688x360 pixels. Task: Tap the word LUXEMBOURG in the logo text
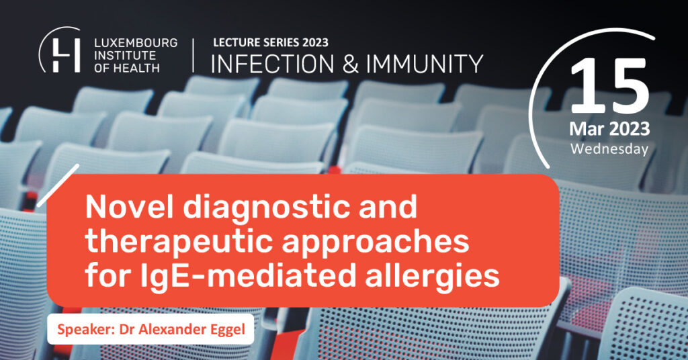pyautogui.click(x=136, y=43)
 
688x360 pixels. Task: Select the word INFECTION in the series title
pyautogui.click(x=273, y=64)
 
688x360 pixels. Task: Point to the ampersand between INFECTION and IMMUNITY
pyautogui.click(x=350, y=64)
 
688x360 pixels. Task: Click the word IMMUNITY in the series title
pyautogui.click(x=425, y=64)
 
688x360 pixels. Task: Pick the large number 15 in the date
pyautogui.click(x=609, y=86)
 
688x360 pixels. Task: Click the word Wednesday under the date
pyautogui.click(x=609, y=149)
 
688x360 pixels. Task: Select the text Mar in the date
pyautogui.click(x=587, y=129)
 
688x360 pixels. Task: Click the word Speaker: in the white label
pyautogui.click(x=86, y=330)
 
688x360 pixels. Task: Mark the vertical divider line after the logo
pyautogui.click(x=193, y=55)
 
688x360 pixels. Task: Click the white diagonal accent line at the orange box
pyautogui.click(x=58, y=185)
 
